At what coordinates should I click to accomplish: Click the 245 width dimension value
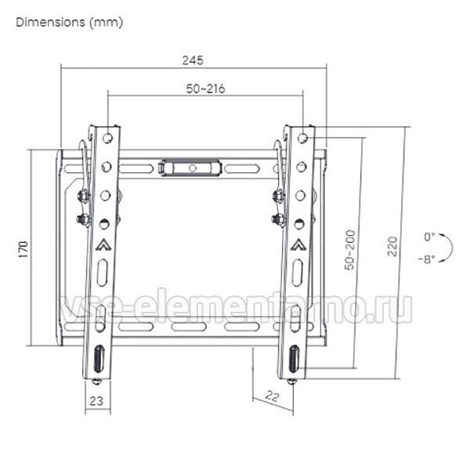[x=193, y=60]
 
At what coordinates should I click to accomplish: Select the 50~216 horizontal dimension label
[x=205, y=89]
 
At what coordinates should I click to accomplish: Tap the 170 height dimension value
[x=23, y=249]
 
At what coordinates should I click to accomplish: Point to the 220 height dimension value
[x=392, y=247]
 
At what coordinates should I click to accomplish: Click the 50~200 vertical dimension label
[x=349, y=250]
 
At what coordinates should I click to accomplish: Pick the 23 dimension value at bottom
[x=96, y=401]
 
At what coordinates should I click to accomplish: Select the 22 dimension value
[x=272, y=396]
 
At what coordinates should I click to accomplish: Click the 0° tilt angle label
[x=429, y=237]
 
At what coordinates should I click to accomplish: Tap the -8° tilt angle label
[x=427, y=259]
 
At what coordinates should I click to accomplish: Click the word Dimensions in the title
[x=50, y=22]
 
